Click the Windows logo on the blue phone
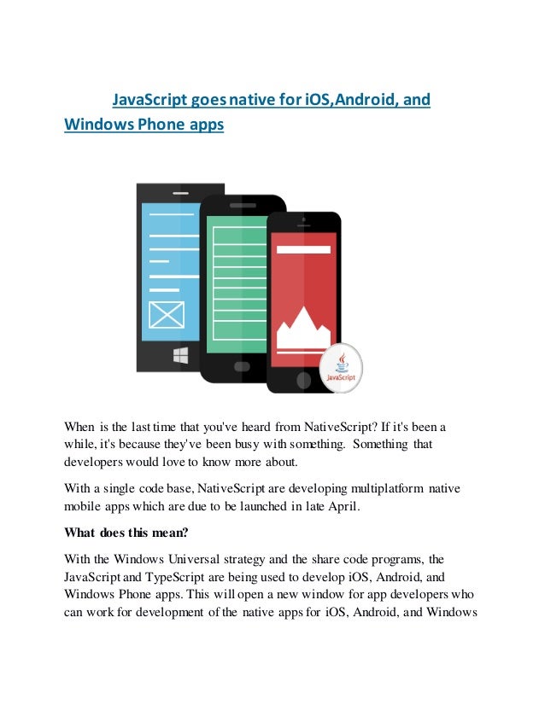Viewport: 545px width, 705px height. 180,354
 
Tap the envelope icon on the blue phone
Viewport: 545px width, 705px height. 166,315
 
